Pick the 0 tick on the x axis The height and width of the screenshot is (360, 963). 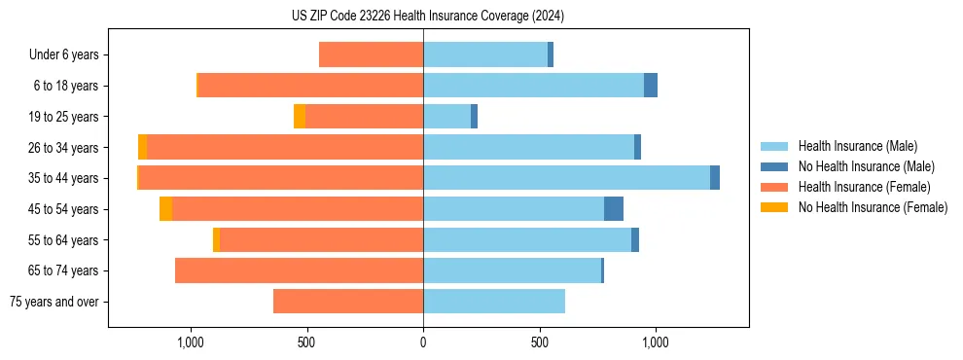click(x=423, y=342)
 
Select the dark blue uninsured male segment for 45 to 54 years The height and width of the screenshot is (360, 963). click(x=614, y=209)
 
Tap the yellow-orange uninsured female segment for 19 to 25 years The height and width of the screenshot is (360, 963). click(x=300, y=117)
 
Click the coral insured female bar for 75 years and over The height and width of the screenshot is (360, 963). click(x=348, y=302)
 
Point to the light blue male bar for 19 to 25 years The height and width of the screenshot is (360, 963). click(x=446, y=117)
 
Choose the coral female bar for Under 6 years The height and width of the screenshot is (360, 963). click(x=371, y=55)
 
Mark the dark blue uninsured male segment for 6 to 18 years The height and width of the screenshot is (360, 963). click(x=651, y=86)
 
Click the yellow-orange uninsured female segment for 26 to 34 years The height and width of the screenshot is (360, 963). click(x=143, y=148)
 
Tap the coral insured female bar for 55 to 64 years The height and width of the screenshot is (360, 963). click(x=321, y=240)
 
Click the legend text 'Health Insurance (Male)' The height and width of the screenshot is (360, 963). click(x=857, y=147)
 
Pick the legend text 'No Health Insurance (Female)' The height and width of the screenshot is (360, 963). click(x=873, y=207)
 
